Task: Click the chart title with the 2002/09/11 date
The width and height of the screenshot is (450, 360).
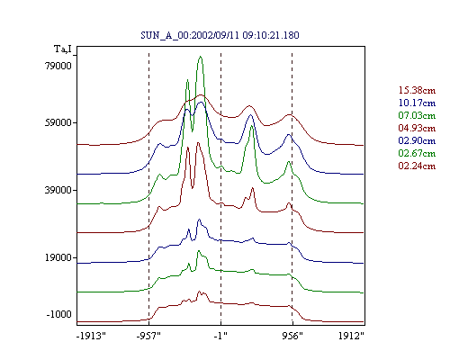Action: pos(220,35)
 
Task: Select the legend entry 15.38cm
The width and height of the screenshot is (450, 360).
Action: pos(417,90)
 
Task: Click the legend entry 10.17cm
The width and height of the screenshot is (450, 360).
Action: pos(417,103)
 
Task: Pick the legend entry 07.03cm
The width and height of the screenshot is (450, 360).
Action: pos(417,115)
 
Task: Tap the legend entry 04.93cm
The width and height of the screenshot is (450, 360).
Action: pos(417,128)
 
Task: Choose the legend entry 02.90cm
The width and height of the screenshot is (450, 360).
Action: pos(417,140)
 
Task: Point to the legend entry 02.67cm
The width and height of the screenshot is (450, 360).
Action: pos(417,153)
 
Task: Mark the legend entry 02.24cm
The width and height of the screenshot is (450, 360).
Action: pos(417,166)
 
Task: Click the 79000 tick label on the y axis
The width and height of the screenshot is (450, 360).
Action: pos(58,66)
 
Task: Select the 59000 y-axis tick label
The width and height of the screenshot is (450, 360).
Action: pos(58,122)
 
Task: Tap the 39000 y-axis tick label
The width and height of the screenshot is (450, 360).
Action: pos(58,190)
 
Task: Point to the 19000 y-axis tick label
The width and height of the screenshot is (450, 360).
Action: pos(58,257)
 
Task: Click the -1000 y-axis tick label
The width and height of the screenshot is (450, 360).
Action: pos(59,314)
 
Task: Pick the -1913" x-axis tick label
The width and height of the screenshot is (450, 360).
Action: pos(92,336)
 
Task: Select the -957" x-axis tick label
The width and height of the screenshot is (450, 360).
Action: pos(148,336)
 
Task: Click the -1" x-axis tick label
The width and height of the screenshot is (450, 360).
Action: pos(220,336)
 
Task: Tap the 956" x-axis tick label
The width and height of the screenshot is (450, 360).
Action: pos(292,336)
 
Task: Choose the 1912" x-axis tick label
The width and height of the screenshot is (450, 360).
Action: pos(351,336)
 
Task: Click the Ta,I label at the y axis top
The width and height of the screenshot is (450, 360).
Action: pos(63,49)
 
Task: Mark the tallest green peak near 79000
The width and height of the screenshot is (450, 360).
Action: pos(201,57)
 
